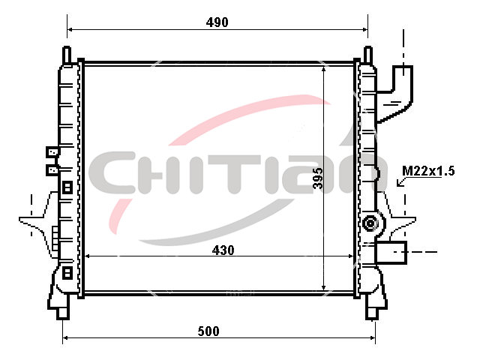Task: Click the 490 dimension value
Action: [x=217, y=22]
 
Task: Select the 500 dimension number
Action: [x=208, y=331]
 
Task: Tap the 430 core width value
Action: [x=223, y=250]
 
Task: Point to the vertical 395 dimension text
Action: [x=318, y=178]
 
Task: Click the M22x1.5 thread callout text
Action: [x=428, y=171]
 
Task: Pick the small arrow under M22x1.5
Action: [x=400, y=182]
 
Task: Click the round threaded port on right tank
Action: [x=370, y=223]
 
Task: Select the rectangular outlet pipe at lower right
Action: [x=391, y=252]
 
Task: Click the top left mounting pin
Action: [x=67, y=55]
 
